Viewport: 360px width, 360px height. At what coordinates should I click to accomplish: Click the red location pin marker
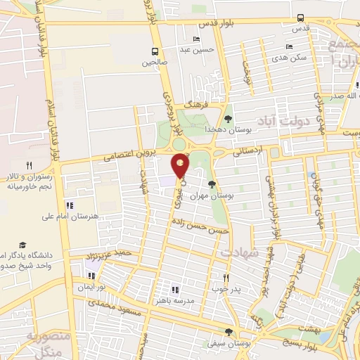click(x=181, y=165)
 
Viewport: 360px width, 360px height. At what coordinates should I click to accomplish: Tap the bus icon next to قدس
click(x=301, y=18)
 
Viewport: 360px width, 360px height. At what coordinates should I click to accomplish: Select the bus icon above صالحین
click(x=155, y=51)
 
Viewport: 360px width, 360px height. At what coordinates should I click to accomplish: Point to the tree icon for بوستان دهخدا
click(x=227, y=118)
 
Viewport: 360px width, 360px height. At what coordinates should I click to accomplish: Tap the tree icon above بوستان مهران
click(x=212, y=184)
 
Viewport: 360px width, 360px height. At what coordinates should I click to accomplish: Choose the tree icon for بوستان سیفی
click(x=227, y=332)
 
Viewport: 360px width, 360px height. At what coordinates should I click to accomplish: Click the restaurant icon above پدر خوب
click(x=226, y=277)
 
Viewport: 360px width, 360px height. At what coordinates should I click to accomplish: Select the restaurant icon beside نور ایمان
click(x=91, y=276)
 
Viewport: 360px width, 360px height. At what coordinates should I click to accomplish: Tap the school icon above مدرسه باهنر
click(x=175, y=289)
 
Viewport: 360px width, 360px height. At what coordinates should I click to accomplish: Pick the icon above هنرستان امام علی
click(x=70, y=205)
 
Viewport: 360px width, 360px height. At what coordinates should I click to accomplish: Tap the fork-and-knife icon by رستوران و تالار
click(x=29, y=165)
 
